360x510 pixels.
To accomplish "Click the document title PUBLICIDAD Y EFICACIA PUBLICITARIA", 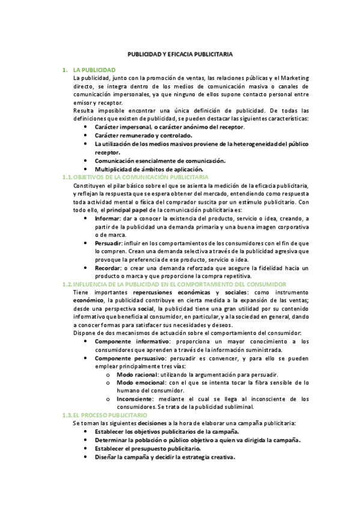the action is pyautogui.click(x=180, y=54).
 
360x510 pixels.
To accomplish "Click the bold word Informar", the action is pyautogui.click(x=108, y=220).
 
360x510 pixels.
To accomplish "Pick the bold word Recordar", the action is pyautogui.click(x=108, y=267).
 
